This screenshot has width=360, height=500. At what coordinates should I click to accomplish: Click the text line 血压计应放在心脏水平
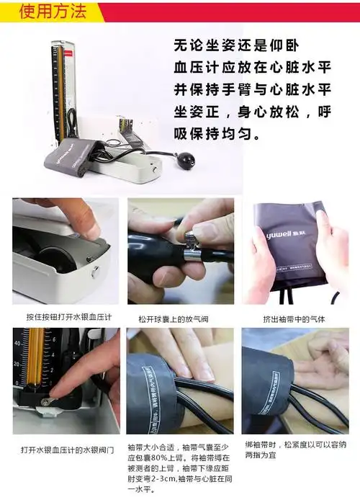pyautogui.click(x=252, y=68)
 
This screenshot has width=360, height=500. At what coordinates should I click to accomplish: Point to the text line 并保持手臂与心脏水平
pyautogui.click(x=252, y=90)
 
